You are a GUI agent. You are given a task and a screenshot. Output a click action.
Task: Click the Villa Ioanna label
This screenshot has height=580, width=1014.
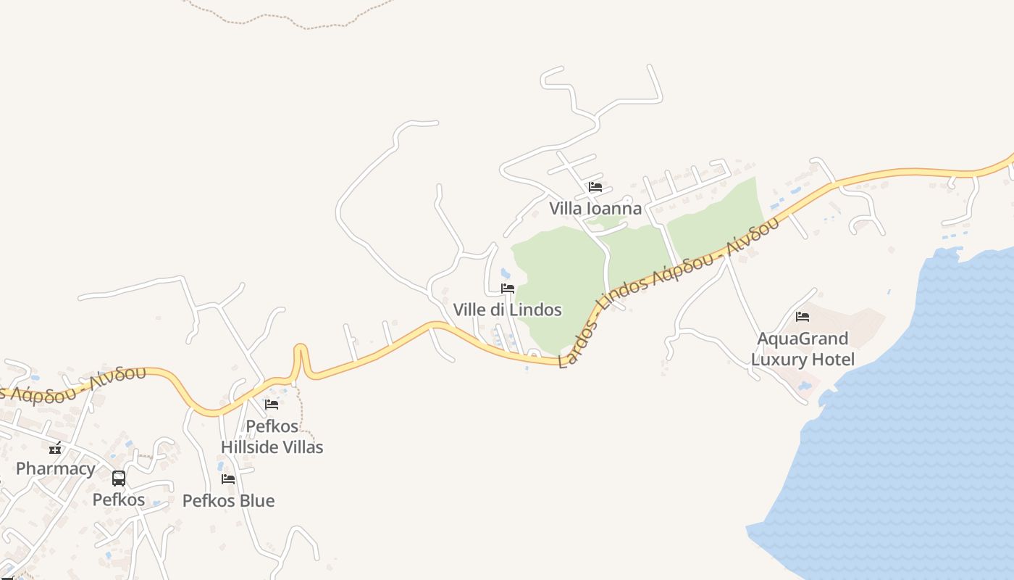pyautogui.click(x=595, y=209)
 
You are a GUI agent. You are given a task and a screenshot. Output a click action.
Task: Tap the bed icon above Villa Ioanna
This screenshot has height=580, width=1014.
pyautogui.click(x=595, y=187)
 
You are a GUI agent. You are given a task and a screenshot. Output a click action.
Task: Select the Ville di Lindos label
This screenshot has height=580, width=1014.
pyautogui.click(x=507, y=310)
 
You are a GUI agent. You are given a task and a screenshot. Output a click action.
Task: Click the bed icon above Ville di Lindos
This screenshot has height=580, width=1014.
pyautogui.click(x=508, y=289)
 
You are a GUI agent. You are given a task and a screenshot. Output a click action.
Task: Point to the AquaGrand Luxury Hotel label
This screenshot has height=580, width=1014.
pyautogui.click(x=803, y=349)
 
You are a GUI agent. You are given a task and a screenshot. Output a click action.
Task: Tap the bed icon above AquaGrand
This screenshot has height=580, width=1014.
pyautogui.click(x=803, y=317)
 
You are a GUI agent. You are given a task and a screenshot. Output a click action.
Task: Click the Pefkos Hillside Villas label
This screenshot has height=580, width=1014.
pyautogui.click(x=272, y=436)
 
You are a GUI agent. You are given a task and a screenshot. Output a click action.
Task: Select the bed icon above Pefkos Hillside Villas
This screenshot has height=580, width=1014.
pyautogui.click(x=272, y=405)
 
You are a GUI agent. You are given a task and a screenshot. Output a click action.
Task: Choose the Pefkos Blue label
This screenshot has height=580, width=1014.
pyautogui.click(x=228, y=501)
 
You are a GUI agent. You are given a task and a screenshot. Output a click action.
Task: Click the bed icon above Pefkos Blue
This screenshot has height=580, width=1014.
pyautogui.click(x=228, y=479)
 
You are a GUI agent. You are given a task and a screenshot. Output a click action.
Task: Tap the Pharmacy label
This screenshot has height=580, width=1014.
pyautogui.click(x=55, y=468)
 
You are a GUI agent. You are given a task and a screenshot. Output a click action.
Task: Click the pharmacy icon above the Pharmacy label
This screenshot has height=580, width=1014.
pyautogui.click(x=55, y=448)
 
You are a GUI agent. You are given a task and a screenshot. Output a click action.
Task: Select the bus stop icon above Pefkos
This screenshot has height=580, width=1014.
pyautogui.click(x=119, y=478)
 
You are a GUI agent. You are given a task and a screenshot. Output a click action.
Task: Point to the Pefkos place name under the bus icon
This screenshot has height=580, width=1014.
pyautogui.click(x=119, y=500)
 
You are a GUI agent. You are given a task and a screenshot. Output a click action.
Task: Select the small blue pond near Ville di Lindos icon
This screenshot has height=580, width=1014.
pyautogui.click(x=505, y=274)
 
